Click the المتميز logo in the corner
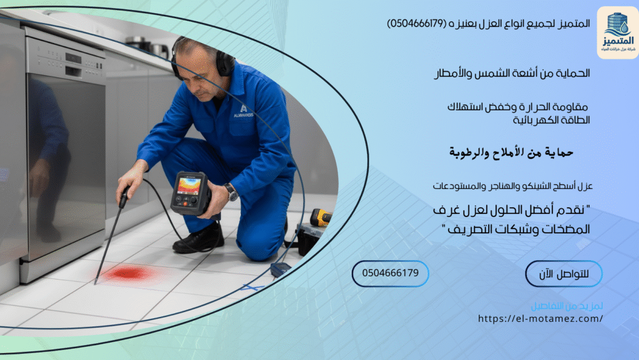click(617, 32)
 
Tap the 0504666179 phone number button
click(390, 273)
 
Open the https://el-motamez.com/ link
click(540, 319)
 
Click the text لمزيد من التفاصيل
click(567, 306)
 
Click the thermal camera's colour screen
click(190, 185)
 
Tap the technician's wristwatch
click(232, 192)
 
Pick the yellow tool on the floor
click(321, 217)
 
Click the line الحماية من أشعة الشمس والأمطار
click(512, 74)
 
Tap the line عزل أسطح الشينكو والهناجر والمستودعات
click(512, 186)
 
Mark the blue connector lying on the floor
click(280, 269)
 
